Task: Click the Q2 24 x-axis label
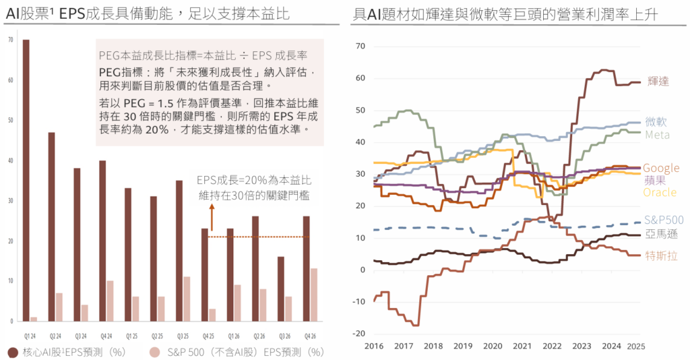coord(56,335)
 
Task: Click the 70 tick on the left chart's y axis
coord(9,40)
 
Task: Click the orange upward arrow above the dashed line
coord(212,218)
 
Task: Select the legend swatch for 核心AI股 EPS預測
coord(12,352)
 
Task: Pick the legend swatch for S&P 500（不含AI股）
coord(154,352)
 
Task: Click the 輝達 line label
coord(658,81)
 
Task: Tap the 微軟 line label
coord(656,122)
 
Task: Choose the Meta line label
coord(657,135)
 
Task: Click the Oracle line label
coord(660,193)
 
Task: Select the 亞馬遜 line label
coord(661,234)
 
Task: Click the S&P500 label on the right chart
coord(664,220)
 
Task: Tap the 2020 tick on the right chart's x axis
coord(492,345)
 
